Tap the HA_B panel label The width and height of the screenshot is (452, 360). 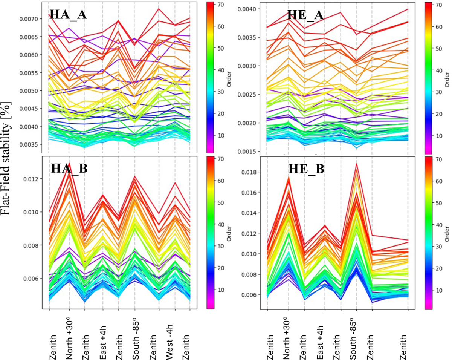(69, 169)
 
